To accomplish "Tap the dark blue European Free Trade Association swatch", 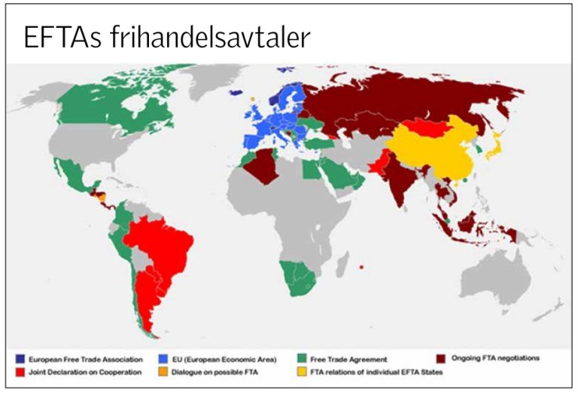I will tap(20, 359).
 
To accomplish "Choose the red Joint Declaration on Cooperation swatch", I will tap(20, 372).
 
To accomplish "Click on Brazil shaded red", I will tap(162, 240).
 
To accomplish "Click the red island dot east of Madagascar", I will tap(363, 267).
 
